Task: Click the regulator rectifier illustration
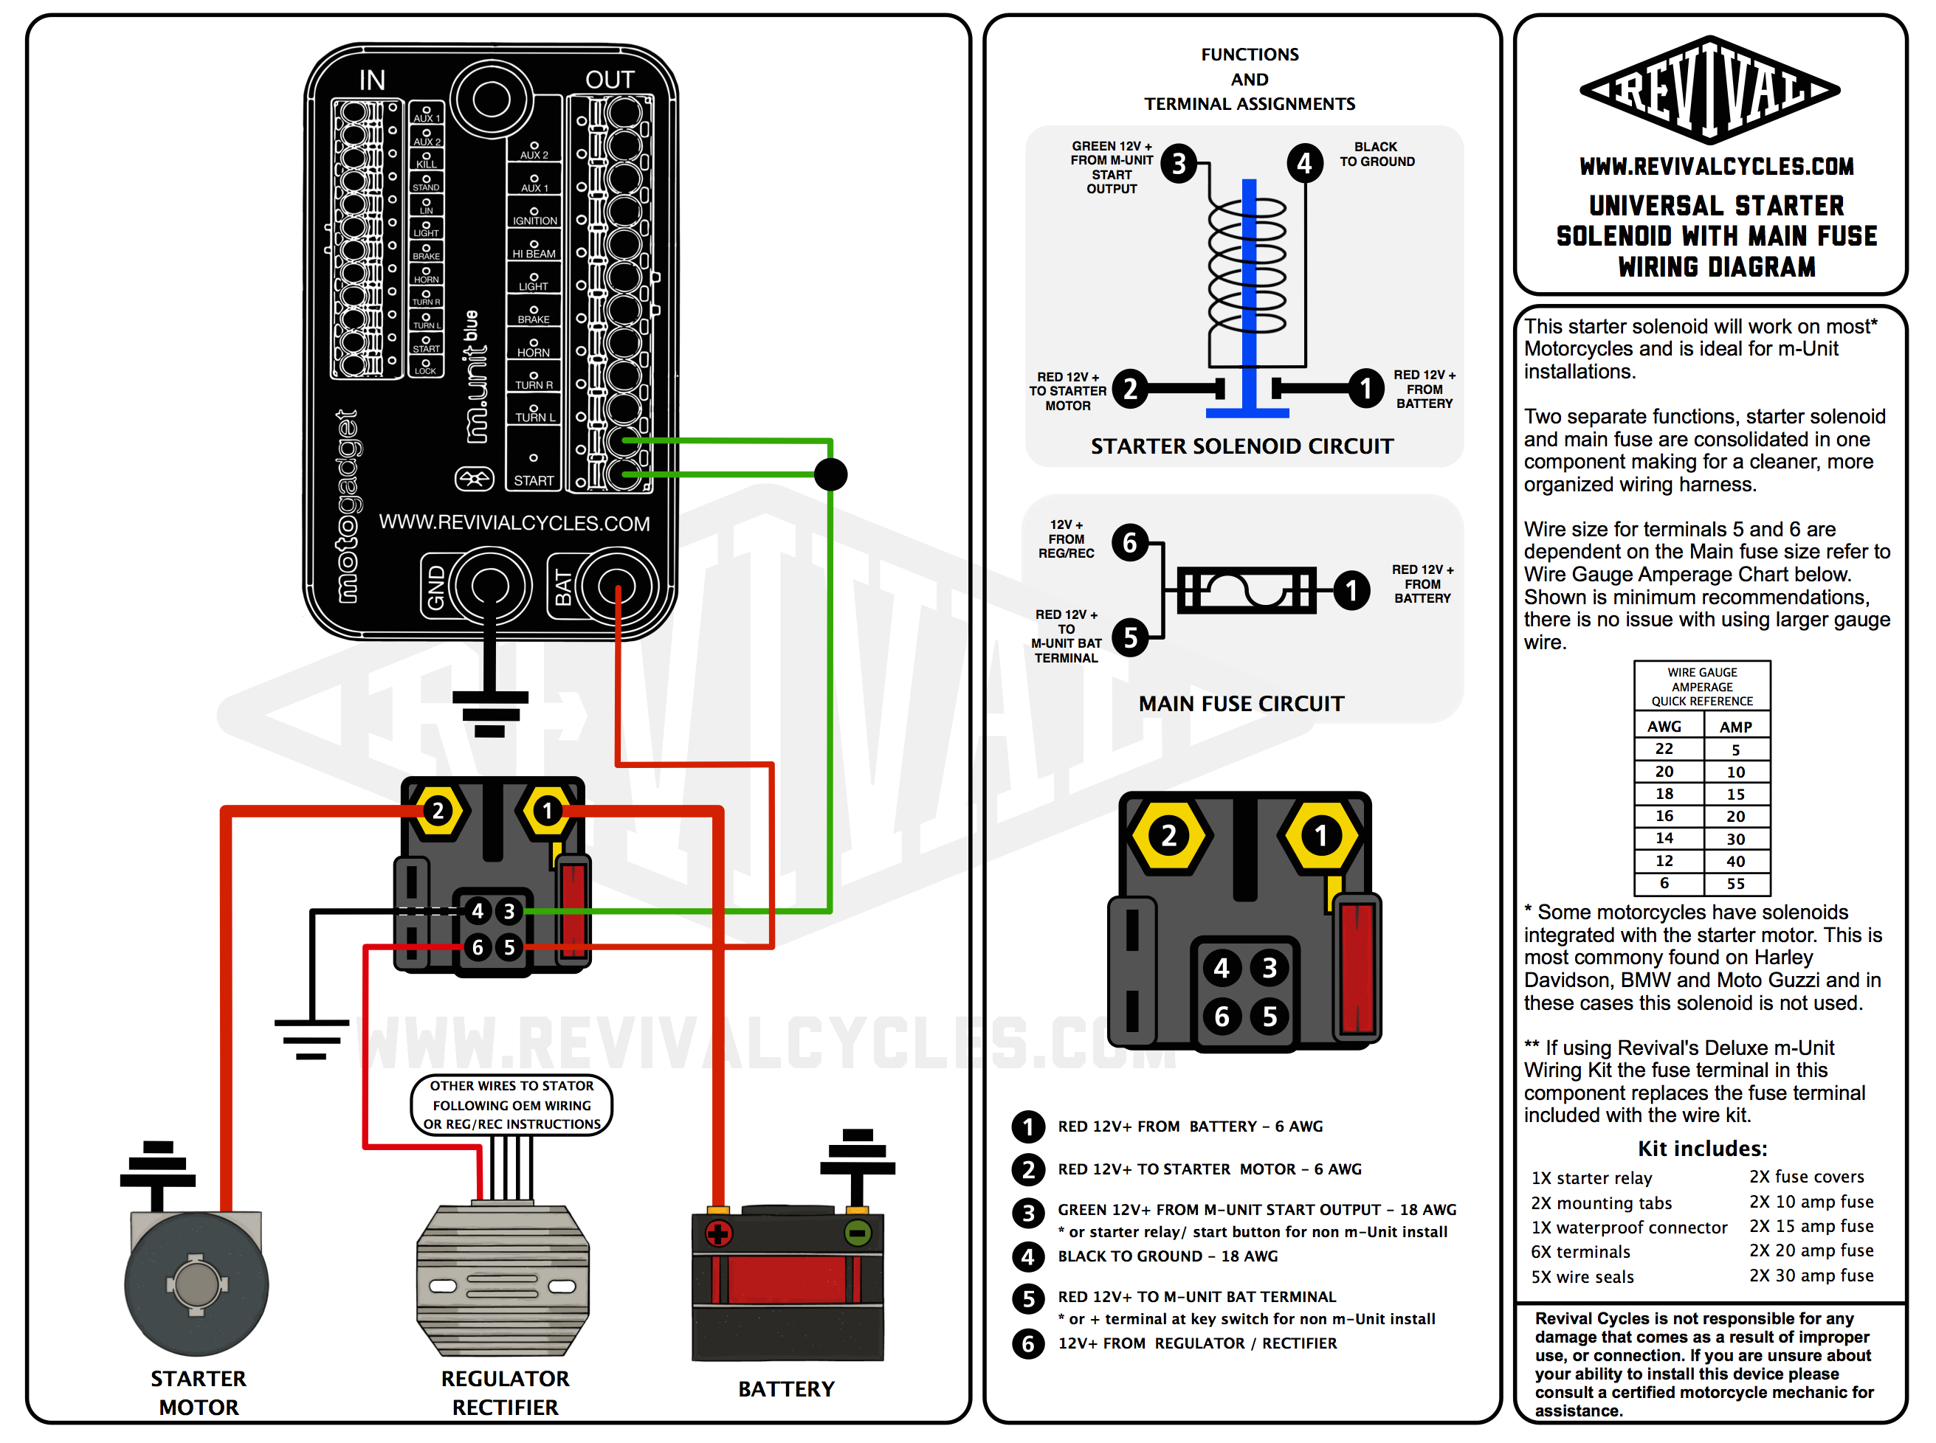coord(503,1280)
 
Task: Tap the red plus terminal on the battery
coord(718,1233)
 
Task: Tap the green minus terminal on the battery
coord(857,1233)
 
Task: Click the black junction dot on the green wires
coord(830,474)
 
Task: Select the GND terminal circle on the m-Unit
coord(489,585)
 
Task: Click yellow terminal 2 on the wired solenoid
coord(438,811)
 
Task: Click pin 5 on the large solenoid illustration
coord(1269,1016)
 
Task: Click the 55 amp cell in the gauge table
coord(1735,883)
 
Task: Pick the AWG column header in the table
coord(1664,726)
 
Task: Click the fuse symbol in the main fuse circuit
coord(1246,589)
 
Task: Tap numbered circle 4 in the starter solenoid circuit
coord(1303,162)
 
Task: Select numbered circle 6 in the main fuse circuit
coord(1129,542)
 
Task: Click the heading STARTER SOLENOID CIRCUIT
coord(1241,446)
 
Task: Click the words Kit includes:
coord(1701,1148)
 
